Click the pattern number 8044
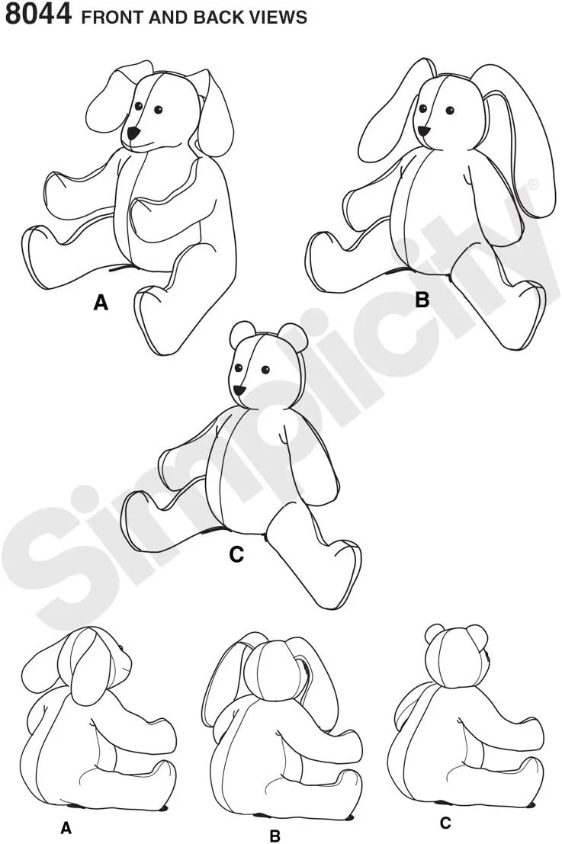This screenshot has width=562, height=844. pos(37,14)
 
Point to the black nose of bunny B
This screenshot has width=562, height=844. pos(425,131)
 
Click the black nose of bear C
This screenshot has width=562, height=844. pos(239,389)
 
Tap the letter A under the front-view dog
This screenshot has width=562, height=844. pos(101,303)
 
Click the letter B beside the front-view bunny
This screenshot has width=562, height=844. pos(422,300)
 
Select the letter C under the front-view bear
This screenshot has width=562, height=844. pos(236,554)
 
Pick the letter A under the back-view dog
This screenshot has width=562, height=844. pos(66,828)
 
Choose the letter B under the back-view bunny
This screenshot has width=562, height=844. pos(275,836)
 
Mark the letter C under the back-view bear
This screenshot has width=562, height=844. pos(445,823)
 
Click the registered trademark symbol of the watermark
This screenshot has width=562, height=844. pos(533,185)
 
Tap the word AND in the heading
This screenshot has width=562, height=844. pos(166,18)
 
